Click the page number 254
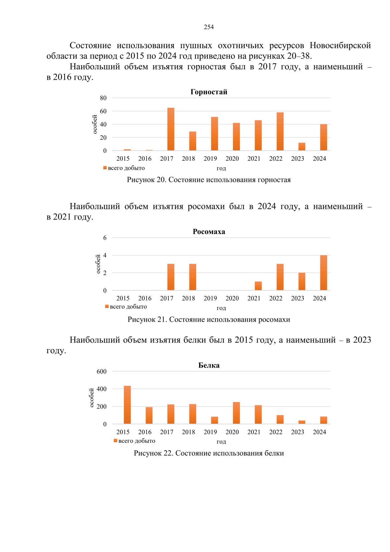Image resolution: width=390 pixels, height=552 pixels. point(209,27)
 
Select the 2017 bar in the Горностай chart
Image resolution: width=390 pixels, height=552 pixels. point(171,129)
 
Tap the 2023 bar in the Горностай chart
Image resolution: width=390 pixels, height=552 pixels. point(302,146)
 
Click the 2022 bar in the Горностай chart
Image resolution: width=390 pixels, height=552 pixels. point(280,131)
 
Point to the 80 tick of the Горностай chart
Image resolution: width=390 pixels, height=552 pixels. point(103,98)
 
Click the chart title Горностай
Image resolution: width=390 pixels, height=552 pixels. point(209,92)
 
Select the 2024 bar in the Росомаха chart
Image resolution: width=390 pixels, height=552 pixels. point(323,273)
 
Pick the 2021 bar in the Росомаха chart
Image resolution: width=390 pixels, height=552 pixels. point(258,286)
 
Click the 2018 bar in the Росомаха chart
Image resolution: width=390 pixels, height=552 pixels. point(192,277)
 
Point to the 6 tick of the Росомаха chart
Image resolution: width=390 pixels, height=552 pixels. point(105,238)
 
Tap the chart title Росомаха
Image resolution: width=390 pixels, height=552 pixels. point(209,232)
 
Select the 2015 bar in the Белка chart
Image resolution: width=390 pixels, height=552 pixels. point(127,405)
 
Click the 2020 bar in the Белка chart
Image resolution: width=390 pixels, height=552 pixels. point(236,413)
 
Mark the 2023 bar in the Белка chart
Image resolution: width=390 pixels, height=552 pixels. point(302,422)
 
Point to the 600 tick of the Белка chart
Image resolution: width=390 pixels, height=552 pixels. point(101,371)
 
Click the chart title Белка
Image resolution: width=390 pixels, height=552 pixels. point(209,365)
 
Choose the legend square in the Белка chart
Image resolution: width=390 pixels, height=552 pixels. point(115,441)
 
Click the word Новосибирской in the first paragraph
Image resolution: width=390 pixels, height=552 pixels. point(340,45)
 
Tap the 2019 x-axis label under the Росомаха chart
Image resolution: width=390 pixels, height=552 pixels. point(210,298)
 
